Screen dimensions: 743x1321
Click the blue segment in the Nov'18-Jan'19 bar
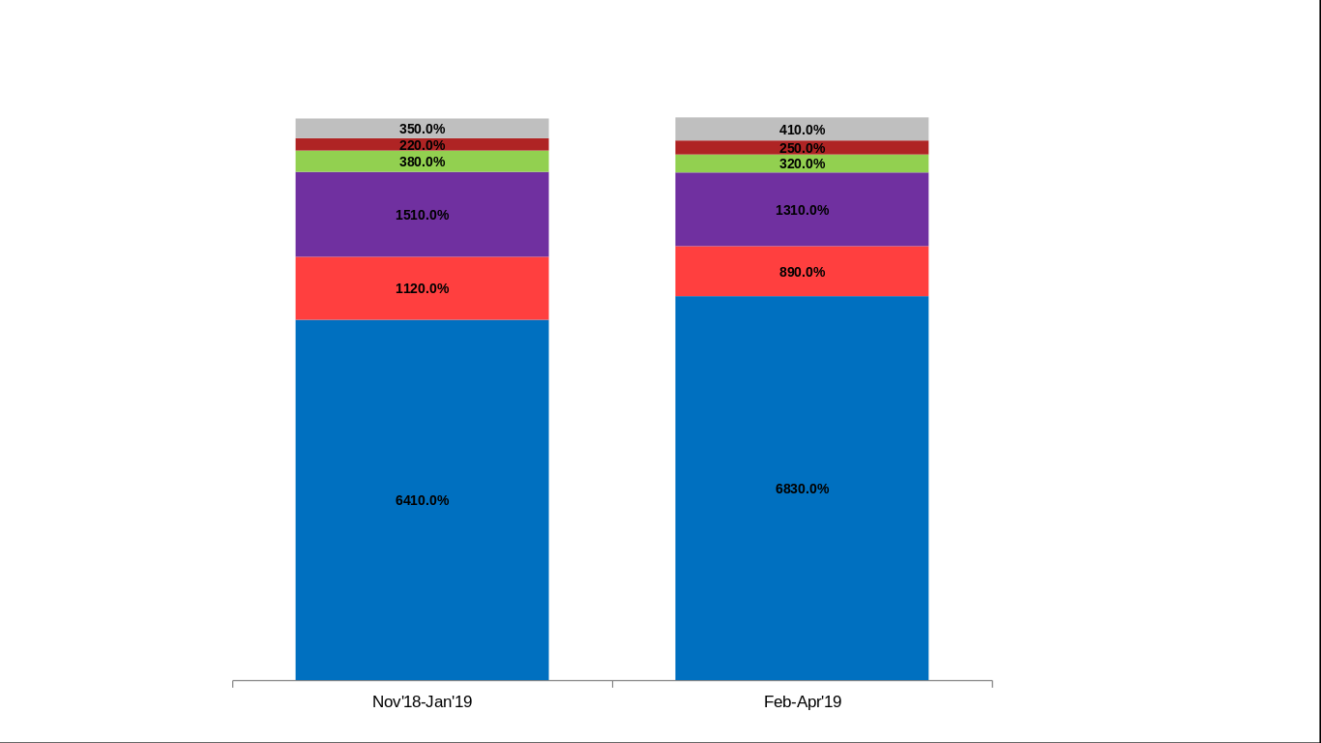[x=422, y=580]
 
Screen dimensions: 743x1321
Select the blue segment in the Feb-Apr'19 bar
[x=802, y=580]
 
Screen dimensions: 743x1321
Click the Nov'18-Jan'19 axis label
[x=422, y=701]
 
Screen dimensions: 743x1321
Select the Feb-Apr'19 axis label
[x=803, y=701]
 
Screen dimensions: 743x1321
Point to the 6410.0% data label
[x=422, y=500]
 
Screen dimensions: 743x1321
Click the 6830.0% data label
[x=802, y=489]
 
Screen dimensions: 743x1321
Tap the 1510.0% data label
[x=422, y=215]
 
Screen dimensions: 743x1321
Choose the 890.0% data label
[x=802, y=272]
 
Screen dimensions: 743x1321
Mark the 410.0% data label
[x=802, y=130]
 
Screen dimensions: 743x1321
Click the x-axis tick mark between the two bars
[x=612, y=684]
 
